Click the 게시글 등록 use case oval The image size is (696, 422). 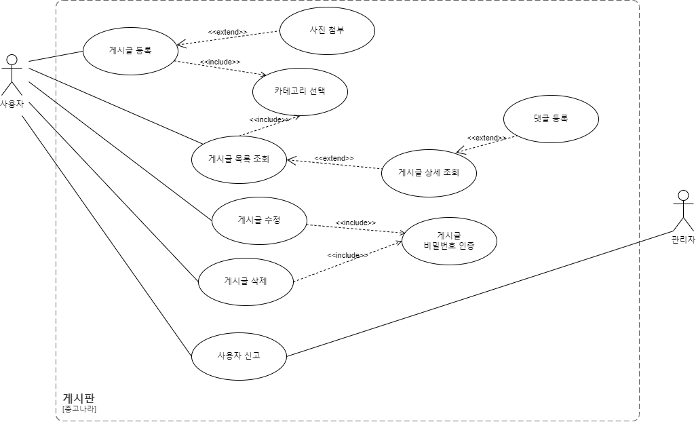pyautogui.click(x=130, y=50)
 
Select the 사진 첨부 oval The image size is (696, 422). pyautogui.click(x=327, y=31)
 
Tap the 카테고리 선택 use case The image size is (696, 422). pyautogui.click(x=300, y=91)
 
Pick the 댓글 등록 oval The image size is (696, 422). pyautogui.click(x=551, y=118)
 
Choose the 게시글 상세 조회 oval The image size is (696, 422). pyautogui.click(x=429, y=172)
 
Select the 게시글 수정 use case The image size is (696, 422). pyautogui.click(x=260, y=220)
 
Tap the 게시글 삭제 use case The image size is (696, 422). pyautogui.click(x=246, y=280)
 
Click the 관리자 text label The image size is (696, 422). pyautogui.click(x=683, y=239)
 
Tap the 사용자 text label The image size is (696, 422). pyautogui.click(x=12, y=104)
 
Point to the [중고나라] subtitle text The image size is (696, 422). pyautogui.click(x=79, y=409)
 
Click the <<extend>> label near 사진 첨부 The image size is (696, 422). pyautogui.click(x=227, y=32)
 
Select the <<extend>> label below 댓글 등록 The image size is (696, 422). pyautogui.click(x=486, y=138)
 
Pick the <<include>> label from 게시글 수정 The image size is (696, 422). pyautogui.click(x=355, y=223)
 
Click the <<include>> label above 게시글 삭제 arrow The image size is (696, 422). pyautogui.click(x=347, y=255)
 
